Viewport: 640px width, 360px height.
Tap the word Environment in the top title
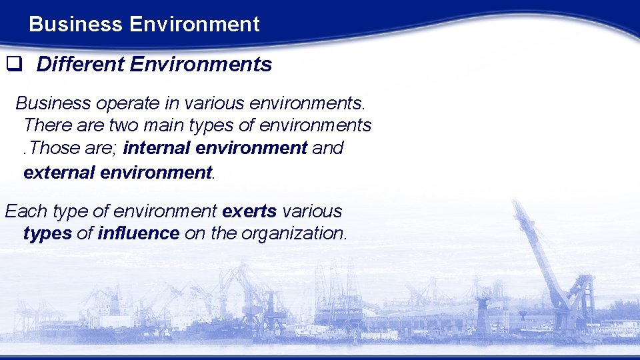[x=194, y=25]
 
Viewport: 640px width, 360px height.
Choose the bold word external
[x=59, y=173]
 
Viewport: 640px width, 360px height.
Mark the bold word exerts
[x=249, y=212]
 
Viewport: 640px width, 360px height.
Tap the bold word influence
[x=139, y=233]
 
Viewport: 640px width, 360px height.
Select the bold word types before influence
[x=47, y=234]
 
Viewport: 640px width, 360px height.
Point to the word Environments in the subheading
[x=201, y=65]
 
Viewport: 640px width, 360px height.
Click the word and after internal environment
[x=327, y=147]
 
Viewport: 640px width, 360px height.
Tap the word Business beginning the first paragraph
[x=53, y=104]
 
